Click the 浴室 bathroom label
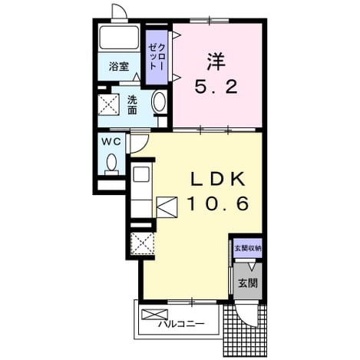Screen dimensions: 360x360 click(119, 67)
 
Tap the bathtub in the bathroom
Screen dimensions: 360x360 click(119, 38)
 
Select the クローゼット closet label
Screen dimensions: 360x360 click(157, 57)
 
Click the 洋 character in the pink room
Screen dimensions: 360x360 click(216, 61)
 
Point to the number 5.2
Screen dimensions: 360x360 click(216, 87)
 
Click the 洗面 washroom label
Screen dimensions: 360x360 click(132, 104)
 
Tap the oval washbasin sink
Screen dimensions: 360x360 click(159, 101)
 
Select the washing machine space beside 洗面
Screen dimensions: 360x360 click(109, 104)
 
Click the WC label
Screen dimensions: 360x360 click(111, 141)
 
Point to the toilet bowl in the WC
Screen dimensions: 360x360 click(112, 163)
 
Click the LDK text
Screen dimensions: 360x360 click(218, 180)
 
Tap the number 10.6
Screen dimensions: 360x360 click(218, 203)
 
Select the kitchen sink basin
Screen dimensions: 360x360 click(141, 174)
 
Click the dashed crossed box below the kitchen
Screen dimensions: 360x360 click(142, 243)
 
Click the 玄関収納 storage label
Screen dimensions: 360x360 click(248, 248)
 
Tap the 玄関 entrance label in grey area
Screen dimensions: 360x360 click(248, 283)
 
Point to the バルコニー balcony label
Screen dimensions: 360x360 click(181, 325)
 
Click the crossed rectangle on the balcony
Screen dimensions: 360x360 click(155, 314)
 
